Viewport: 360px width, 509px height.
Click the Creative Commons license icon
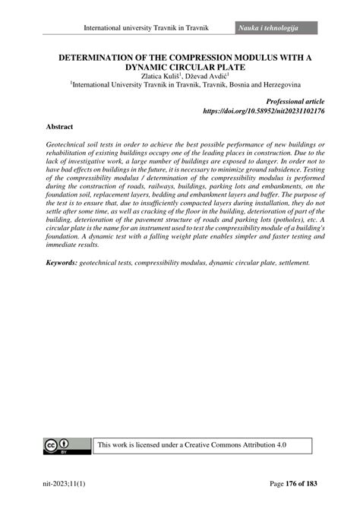[60, 447]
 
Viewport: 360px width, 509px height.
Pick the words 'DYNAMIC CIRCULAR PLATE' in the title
[179, 67]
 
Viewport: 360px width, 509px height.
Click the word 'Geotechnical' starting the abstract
[74, 145]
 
